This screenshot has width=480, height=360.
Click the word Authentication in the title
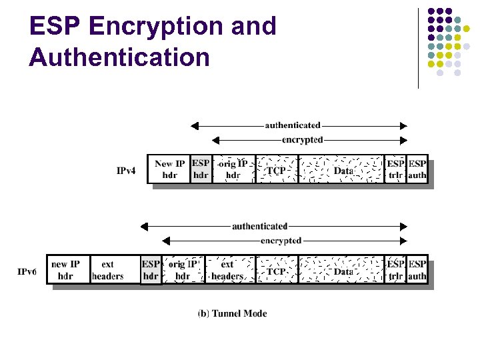click(119, 57)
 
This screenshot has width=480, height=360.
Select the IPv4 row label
click(126, 171)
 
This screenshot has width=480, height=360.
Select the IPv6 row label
click(27, 271)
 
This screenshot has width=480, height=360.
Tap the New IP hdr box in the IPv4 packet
click(169, 169)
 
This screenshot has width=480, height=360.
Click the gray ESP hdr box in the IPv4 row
click(201, 169)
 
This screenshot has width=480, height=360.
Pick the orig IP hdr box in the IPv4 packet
click(233, 169)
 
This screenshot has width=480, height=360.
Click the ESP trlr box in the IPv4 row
click(396, 169)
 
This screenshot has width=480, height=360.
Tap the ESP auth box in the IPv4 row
click(417, 169)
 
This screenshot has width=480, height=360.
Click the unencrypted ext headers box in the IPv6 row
click(107, 270)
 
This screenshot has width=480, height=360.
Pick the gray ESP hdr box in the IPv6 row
click(151, 270)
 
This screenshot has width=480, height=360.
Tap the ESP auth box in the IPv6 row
click(417, 270)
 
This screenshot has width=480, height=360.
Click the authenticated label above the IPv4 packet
click(293, 125)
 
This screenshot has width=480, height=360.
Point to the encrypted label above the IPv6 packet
click(281, 240)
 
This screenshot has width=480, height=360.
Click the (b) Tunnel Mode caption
click(232, 313)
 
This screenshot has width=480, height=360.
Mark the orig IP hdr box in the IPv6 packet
click(183, 270)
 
